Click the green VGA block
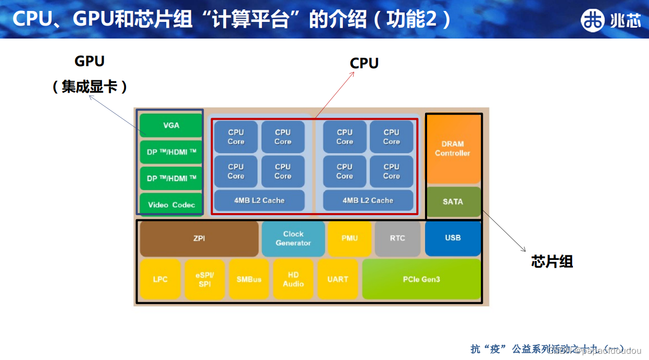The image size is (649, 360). [x=171, y=125]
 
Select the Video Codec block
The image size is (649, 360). [x=171, y=204]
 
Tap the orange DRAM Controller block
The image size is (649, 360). [x=453, y=148]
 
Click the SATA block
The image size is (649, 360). [x=453, y=202]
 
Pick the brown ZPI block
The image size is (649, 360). [x=199, y=238]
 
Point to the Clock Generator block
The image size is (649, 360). [x=293, y=239]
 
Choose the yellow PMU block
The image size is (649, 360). [x=350, y=238]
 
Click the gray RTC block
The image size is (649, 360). [x=397, y=238]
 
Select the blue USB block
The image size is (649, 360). [x=453, y=238]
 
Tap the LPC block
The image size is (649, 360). [x=160, y=279]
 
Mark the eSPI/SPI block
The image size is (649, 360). [x=205, y=279]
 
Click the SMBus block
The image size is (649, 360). [x=249, y=279]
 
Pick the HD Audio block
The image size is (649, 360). [x=293, y=279]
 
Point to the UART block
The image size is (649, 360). [x=338, y=279]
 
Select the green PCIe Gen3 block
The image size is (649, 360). [x=421, y=279]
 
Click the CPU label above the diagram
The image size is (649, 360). [x=364, y=64]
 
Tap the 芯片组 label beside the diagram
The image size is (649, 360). [x=552, y=262]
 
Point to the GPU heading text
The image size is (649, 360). [x=90, y=61]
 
